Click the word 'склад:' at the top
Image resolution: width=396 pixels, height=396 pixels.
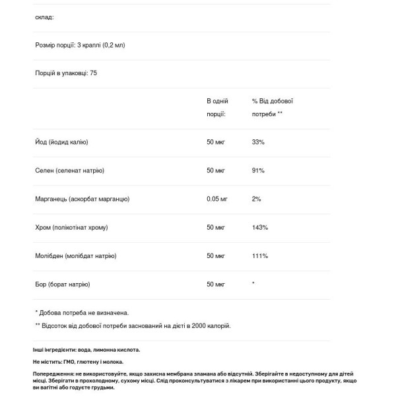point(44,17)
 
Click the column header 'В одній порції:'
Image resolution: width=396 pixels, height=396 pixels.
point(217,108)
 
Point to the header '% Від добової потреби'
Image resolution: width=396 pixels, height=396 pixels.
point(272,108)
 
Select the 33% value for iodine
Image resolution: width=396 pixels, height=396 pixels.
point(259,142)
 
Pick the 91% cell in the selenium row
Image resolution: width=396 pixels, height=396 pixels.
point(259,170)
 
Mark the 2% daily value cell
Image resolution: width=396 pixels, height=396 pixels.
point(257,199)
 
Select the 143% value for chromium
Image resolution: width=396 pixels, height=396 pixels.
point(260,227)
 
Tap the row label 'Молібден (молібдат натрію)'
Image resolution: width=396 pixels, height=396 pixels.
point(76,255)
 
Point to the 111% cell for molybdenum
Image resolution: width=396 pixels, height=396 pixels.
point(259,255)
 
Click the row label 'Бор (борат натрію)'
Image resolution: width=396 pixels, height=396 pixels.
point(62,284)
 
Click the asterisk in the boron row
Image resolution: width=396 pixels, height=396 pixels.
point(253,283)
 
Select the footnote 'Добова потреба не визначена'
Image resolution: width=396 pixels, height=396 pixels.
point(84,312)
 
